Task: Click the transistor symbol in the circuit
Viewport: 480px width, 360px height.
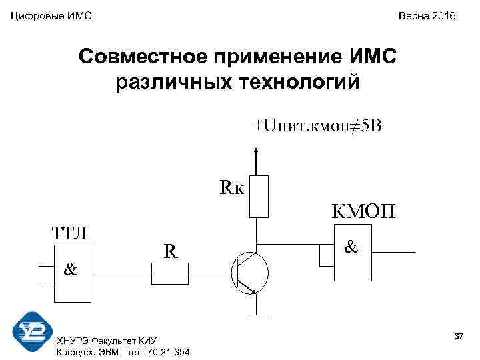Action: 251,273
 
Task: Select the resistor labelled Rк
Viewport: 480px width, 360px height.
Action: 259,196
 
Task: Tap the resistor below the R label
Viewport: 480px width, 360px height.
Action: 171,273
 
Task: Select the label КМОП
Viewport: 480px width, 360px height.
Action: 363,211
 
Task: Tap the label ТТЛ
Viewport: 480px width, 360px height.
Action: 73,234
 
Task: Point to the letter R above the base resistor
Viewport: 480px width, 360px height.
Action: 171,251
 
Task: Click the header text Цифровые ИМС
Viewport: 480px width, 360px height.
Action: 51,15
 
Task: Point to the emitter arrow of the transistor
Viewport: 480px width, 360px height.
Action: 252,289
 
